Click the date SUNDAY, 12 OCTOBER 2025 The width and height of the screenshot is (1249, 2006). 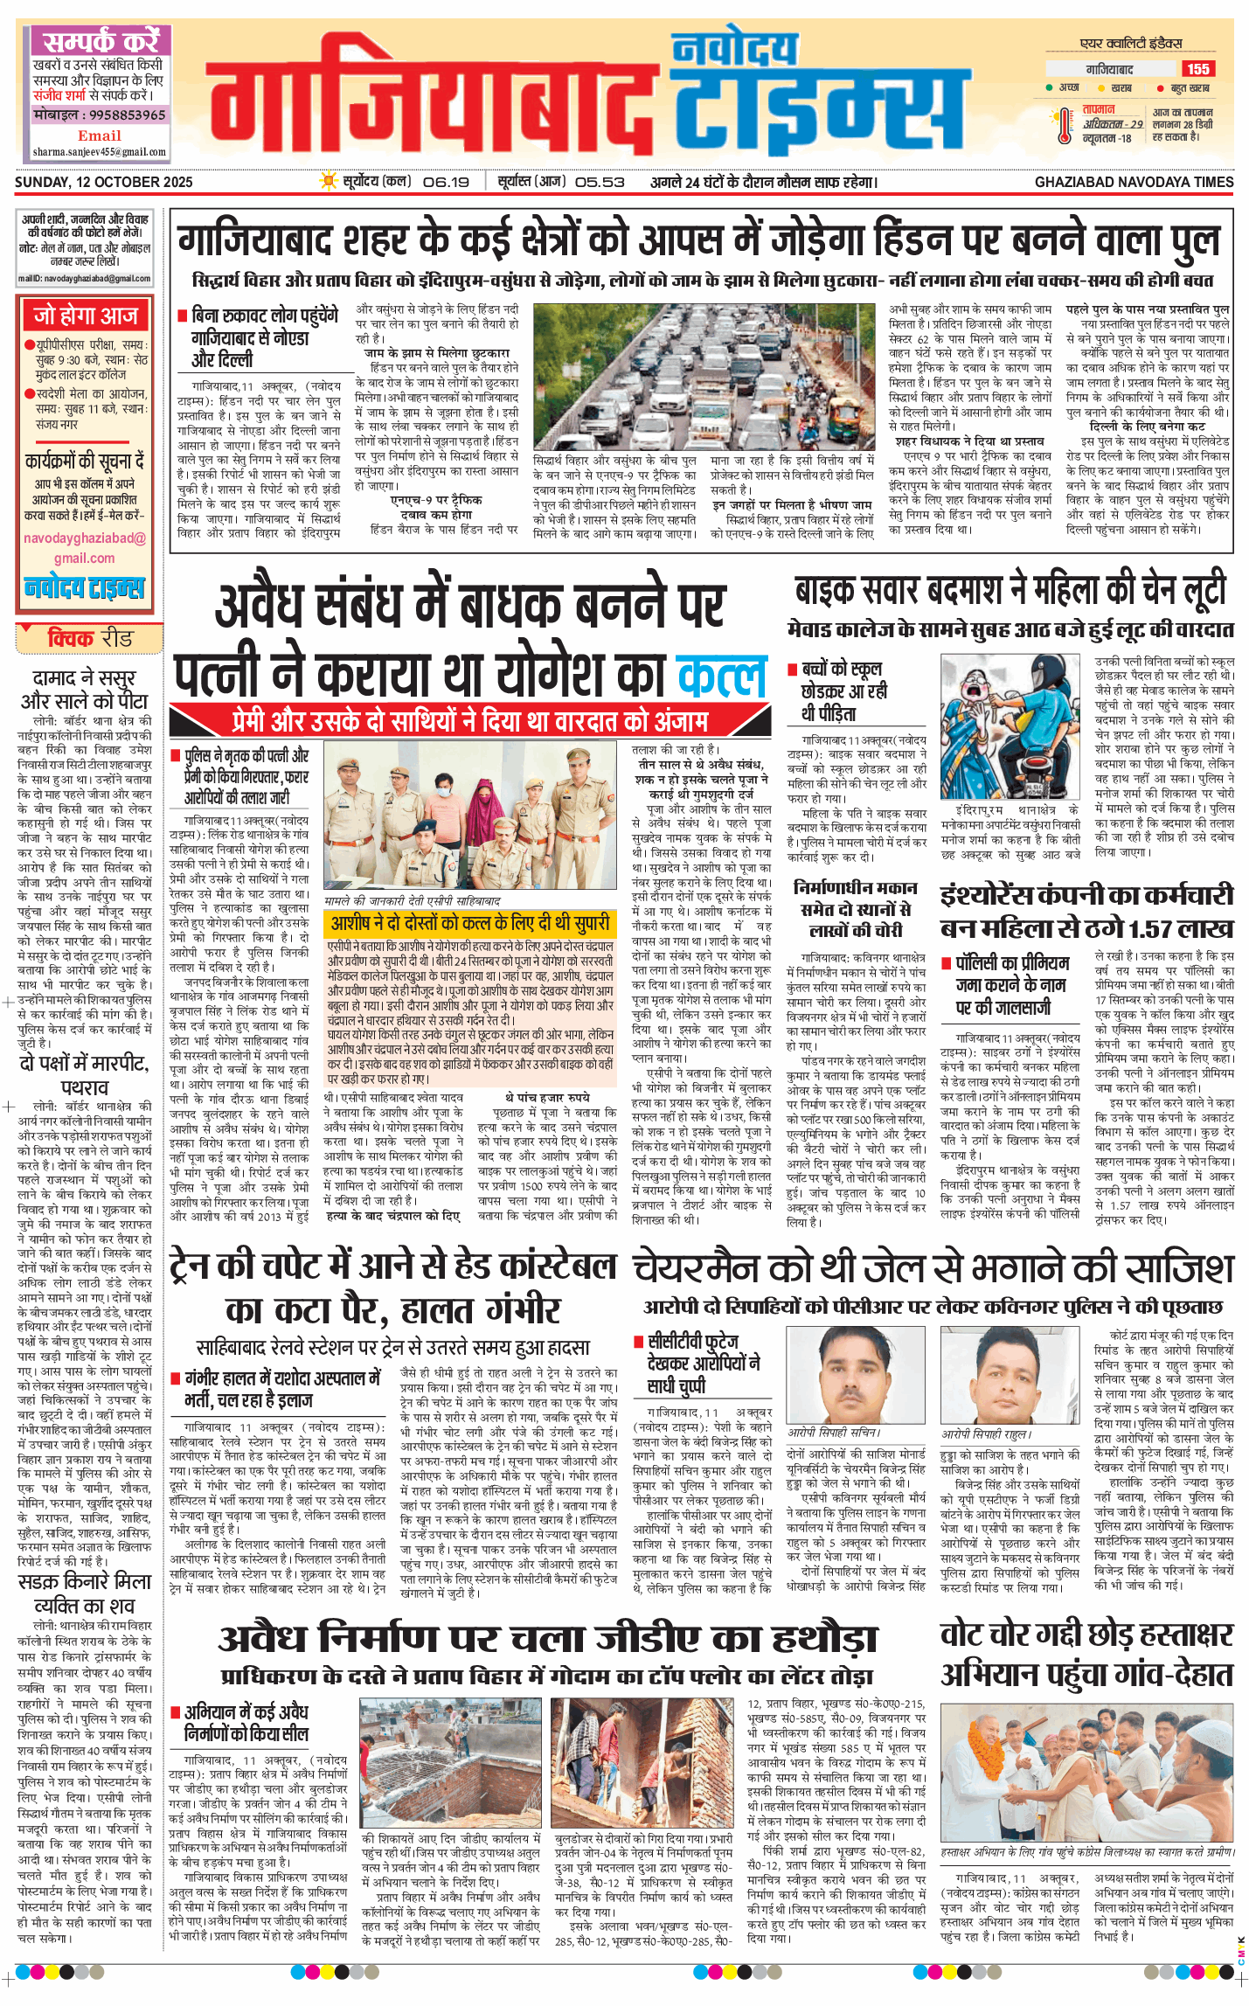coord(104,182)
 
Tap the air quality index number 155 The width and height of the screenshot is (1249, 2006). coord(1197,69)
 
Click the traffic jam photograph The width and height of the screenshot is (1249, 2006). coord(703,377)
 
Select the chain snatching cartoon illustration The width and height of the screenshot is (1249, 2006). coord(1010,725)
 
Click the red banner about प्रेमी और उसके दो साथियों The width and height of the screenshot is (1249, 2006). coord(469,720)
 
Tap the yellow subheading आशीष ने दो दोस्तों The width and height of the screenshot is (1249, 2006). coord(469,923)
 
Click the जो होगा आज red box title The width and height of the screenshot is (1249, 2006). coord(86,316)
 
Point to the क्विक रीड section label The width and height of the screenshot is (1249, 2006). coord(89,639)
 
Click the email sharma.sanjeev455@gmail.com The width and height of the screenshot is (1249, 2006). coord(99,152)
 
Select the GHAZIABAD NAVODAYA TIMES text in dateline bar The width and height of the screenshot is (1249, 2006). coord(1134,182)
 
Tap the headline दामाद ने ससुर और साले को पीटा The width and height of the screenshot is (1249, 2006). coord(84,689)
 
